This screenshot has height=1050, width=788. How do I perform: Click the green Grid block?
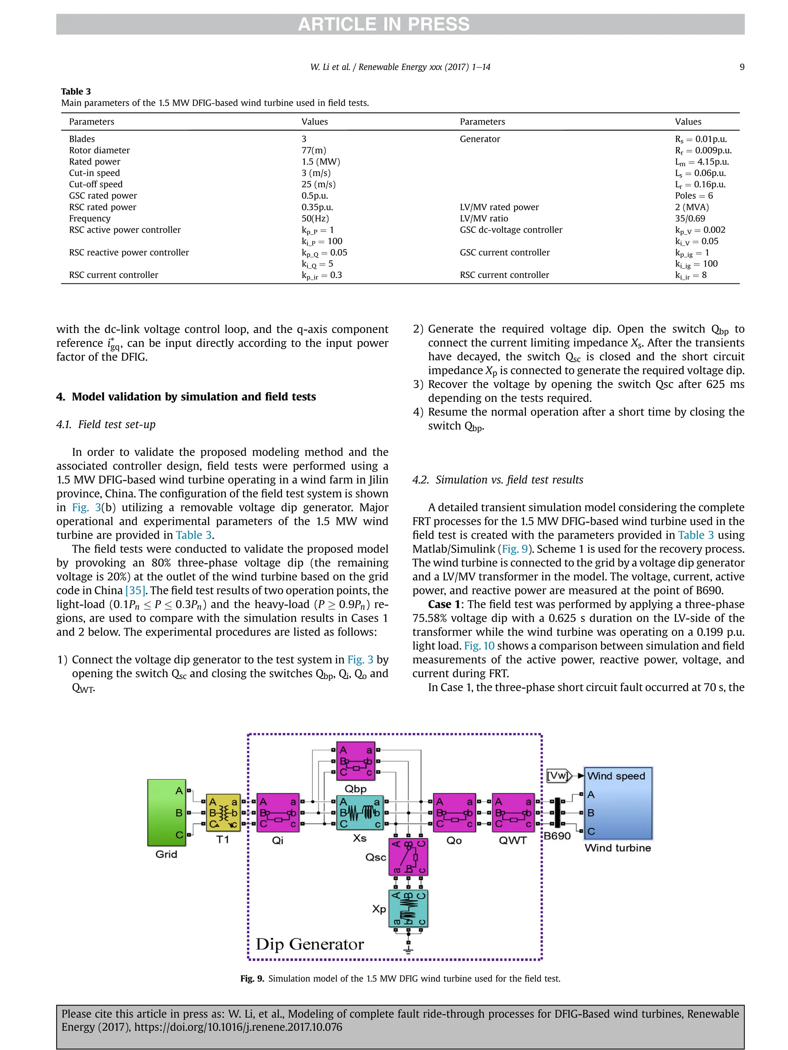(166, 812)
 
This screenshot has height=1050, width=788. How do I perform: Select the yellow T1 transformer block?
(223, 812)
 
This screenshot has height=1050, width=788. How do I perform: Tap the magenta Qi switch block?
(278, 812)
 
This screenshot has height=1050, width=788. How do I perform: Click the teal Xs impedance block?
(360, 812)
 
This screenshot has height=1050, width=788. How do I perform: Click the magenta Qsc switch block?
(408, 857)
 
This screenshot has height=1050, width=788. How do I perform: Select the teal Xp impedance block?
(408, 909)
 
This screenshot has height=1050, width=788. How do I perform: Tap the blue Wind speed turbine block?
(618, 803)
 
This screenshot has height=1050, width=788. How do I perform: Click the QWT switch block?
(513, 812)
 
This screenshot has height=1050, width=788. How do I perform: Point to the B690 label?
(557, 835)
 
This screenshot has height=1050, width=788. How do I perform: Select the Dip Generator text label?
(310, 944)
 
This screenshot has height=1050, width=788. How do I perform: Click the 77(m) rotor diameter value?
(314, 150)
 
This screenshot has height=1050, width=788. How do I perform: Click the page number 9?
(741, 67)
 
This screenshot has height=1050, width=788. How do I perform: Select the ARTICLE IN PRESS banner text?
(383, 24)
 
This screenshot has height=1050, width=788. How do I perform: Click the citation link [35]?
(135, 591)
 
